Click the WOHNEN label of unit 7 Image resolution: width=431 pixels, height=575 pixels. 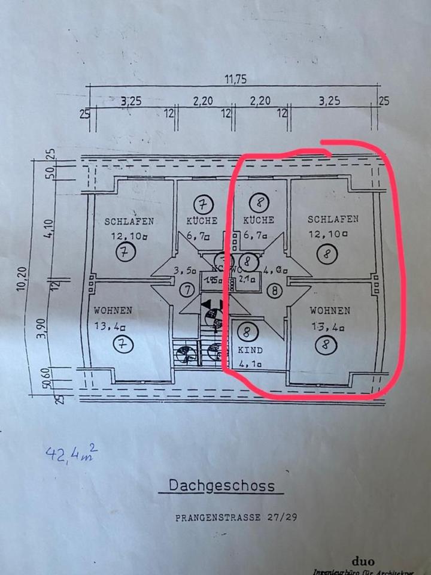click(113, 311)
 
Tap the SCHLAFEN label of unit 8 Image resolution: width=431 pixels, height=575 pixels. click(333, 219)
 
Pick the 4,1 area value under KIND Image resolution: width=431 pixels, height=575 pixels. click(250, 362)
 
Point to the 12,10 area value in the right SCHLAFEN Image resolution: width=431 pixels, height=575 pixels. click(327, 234)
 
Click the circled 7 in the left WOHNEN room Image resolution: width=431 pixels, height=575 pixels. click(124, 344)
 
